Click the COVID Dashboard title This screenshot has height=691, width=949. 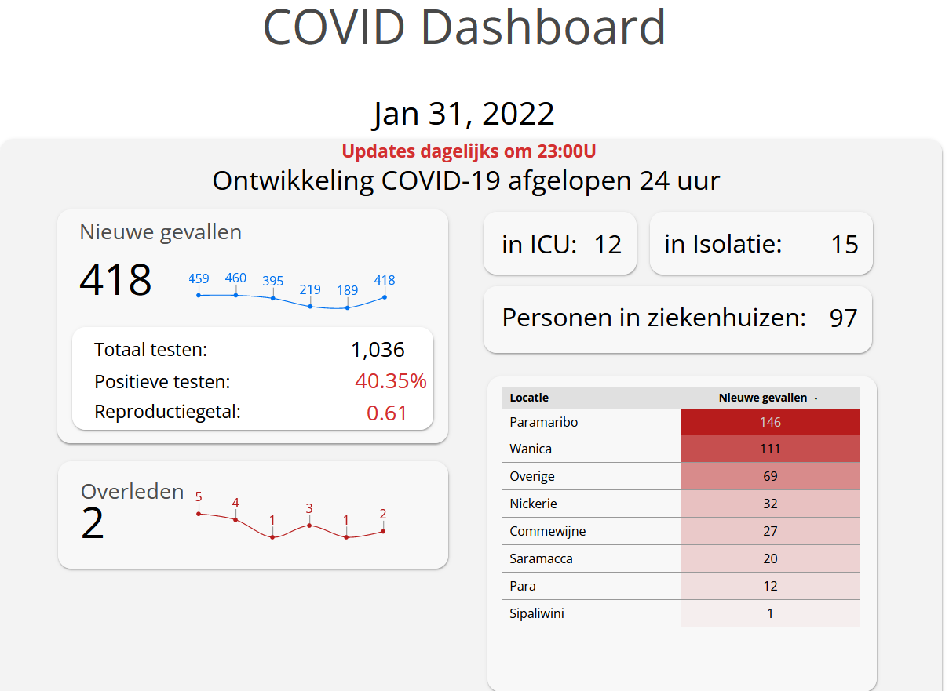pos(465,27)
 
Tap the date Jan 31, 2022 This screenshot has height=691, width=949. pos(464,114)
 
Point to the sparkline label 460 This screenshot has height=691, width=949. pos(235,278)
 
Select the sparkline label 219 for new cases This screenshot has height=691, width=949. pos(310,289)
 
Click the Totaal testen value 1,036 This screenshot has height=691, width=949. pos(378,350)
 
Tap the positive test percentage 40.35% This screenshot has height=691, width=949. pos(390,382)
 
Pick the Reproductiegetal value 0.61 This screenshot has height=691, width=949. pos(387,413)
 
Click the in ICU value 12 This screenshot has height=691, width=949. pos(608,245)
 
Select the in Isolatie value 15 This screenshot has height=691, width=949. pos(845,245)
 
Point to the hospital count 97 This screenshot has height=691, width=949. pos(844,318)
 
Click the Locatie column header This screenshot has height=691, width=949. pos(529,398)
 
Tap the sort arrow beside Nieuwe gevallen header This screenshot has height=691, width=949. pos(816,398)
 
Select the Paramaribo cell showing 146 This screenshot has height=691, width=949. pos(770,422)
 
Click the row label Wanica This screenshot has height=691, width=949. pos(531,449)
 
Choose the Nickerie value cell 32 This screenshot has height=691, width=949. pos(770,504)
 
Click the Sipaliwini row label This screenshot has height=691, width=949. pos(537,613)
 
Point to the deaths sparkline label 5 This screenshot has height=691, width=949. pos(199,496)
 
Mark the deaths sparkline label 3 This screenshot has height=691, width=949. pos(309,508)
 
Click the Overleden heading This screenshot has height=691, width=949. pos(133,492)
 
